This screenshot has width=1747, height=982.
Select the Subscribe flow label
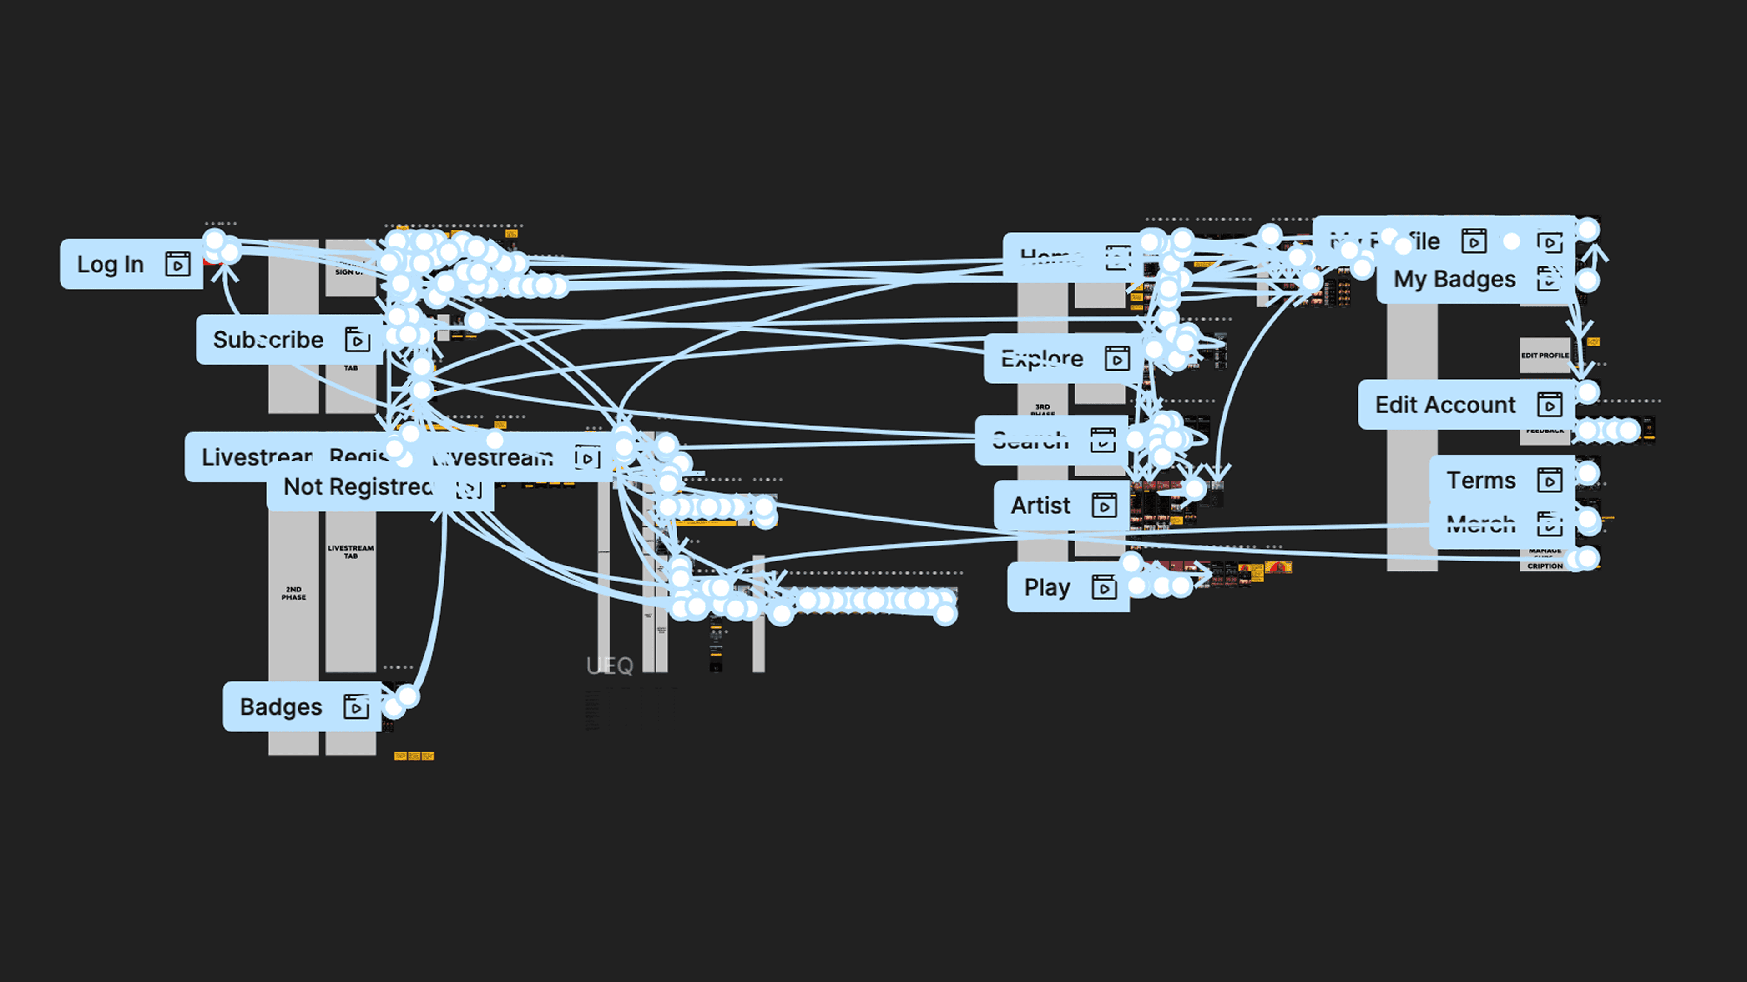pos(268,340)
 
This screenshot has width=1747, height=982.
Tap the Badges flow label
pos(281,707)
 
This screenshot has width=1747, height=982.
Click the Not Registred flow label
pos(358,486)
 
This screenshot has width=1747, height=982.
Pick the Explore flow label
pos(1042,359)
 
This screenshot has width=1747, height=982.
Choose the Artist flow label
pos(1040,506)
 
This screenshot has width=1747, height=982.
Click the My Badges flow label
pos(1454,279)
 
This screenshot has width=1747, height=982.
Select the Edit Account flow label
pos(1444,405)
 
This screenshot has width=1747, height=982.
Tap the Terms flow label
pos(1480,481)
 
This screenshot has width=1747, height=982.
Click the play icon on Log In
pos(178,264)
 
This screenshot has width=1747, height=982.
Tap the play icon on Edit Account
pos(1550,405)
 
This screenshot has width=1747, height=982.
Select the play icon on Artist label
pos(1104,506)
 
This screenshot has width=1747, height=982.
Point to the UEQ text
pos(610,666)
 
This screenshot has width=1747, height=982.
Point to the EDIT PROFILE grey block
pos(1544,355)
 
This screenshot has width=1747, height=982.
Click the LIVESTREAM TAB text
pos(351,551)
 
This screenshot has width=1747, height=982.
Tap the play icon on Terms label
pos(1550,481)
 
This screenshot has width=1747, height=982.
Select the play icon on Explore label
pos(1117,359)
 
